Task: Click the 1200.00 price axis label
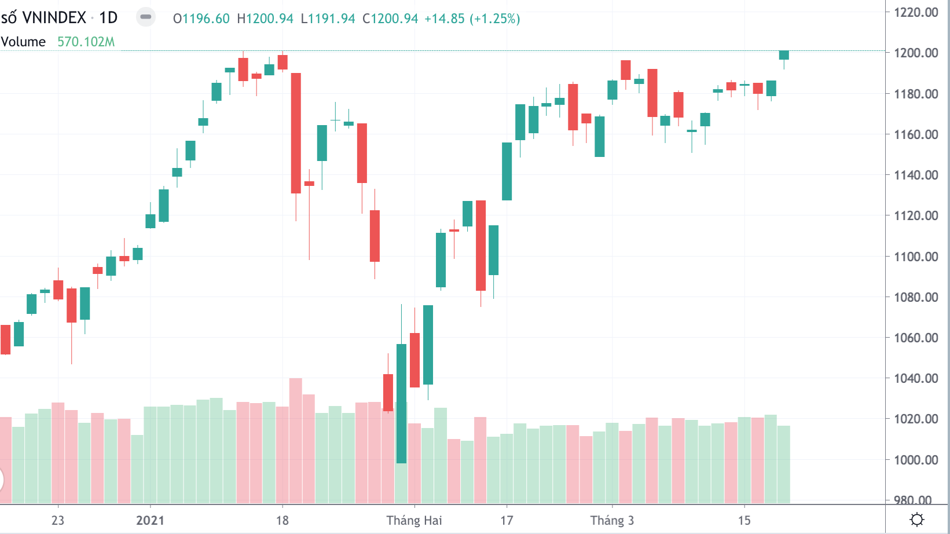[x=916, y=53]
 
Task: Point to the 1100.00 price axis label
[x=916, y=257]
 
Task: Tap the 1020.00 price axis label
[x=916, y=419]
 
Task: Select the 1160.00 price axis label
[x=916, y=134]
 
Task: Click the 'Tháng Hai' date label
[x=414, y=520]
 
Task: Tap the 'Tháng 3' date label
[x=612, y=520]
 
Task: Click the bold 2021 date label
[x=150, y=520]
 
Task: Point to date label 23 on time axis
[x=58, y=520]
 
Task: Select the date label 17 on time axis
[x=507, y=520]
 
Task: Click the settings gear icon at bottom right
[x=917, y=520]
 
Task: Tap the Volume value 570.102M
[x=86, y=42]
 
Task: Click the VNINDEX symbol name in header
[x=54, y=18]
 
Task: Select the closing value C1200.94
[x=390, y=19]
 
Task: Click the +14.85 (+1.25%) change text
[x=472, y=19]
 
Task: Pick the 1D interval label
[x=108, y=18]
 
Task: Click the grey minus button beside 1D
[x=146, y=17]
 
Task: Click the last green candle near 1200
[x=784, y=55]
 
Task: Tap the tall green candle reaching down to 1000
[x=401, y=404]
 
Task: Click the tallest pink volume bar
[x=295, y=440]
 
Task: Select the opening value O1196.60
[x=201, y=19]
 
